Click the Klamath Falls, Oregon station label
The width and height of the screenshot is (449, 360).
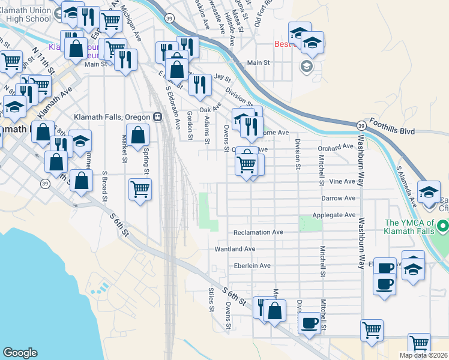coord(112,117)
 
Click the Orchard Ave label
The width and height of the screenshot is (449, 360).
coord(336,147)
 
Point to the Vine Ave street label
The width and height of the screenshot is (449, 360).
coord(343,181)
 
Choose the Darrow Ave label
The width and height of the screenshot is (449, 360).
coord(339,198)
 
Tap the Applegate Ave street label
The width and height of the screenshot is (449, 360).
coord(334,215)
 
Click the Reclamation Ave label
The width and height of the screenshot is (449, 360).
coord(258,232)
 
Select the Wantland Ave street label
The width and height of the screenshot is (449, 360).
coord(235,249)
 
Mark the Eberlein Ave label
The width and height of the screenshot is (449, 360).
coord(249,266)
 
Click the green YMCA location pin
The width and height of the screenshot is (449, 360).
coord(443,227)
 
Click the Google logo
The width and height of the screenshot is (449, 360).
coord(20,353)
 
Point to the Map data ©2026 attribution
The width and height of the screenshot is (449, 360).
coord(424,355)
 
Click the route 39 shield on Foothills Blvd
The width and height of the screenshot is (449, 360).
coord(361,125)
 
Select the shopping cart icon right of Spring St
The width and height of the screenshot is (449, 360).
coord(140,189)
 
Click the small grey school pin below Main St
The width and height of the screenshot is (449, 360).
coord(307,66)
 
